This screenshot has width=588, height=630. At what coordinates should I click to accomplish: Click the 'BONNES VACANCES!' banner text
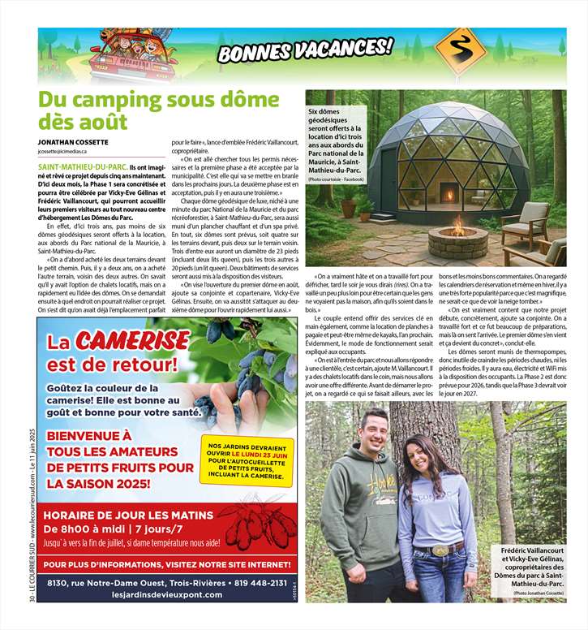click(x=305, y=50)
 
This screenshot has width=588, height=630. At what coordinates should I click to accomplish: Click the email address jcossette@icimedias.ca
click(x=68, y=152)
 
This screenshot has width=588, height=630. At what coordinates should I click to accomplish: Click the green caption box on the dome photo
click(x=335, y=145)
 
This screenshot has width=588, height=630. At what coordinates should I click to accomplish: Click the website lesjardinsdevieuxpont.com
click(x=166, y=595)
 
